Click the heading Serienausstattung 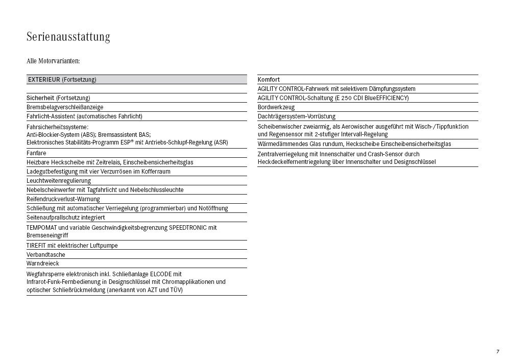68,37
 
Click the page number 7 497,351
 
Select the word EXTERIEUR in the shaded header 44,80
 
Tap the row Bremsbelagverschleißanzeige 65,107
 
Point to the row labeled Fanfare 36,153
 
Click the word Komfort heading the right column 269,80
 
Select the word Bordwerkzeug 276,107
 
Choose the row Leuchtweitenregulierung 59,181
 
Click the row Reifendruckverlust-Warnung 63,199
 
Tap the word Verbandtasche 46,254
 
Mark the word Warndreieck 43,263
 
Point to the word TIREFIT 36,246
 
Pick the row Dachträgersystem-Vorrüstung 296,116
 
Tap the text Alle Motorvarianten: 53,61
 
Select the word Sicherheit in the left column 40,98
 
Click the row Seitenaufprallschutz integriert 66,218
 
